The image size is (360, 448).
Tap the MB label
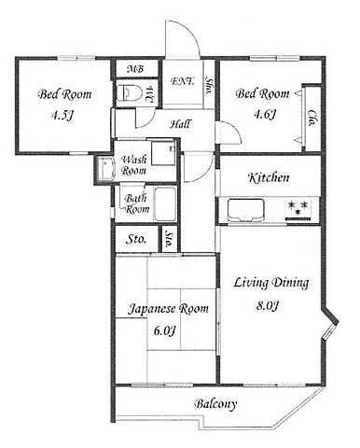point(135,69)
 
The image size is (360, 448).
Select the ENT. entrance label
point(183,81)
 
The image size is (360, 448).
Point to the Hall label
point(180,124)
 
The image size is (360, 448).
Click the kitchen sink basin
point(246,210)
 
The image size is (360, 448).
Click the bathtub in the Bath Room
point(165,204)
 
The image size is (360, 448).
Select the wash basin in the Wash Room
point(104,169)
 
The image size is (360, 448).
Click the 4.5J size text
point(62,116)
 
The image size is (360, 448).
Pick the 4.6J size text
point(265,115)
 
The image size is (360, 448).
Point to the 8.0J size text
point(267,306)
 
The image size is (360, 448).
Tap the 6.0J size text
point(165,330)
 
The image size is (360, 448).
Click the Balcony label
point(215,404)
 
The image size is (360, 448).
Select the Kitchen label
point(269,177)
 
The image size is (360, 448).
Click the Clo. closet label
point(311,119)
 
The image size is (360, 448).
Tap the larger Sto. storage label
point(136,239)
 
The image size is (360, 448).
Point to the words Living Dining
point(271,283)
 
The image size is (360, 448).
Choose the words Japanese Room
point(169,309)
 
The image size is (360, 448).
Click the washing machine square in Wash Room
point(164,152)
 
